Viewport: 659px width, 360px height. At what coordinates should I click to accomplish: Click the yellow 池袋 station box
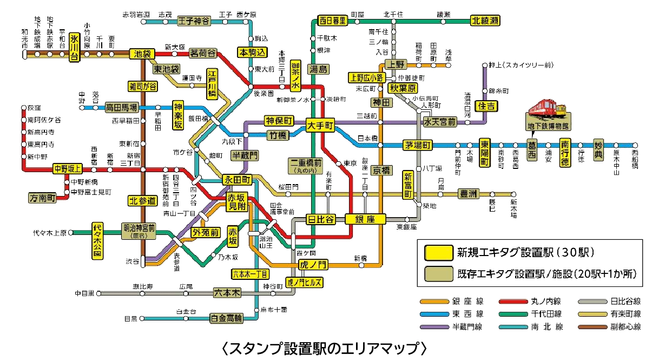(x=142, y=54)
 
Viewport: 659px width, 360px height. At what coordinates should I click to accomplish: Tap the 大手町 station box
(x=320, y=124)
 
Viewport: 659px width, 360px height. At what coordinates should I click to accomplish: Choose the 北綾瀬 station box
(x=485, y=21)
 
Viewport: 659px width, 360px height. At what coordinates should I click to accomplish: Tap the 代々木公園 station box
(x=97, y=240)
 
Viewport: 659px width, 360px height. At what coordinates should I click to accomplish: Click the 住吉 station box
(x=485, y=106)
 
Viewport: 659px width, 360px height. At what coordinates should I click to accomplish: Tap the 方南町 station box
(x=43, y=199)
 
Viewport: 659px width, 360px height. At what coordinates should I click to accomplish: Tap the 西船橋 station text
(x=635, y=160)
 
